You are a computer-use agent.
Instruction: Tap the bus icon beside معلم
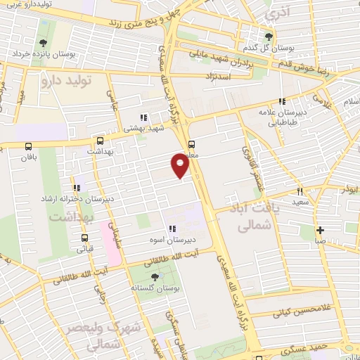point(192,146)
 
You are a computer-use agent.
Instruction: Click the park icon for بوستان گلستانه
point(155,276)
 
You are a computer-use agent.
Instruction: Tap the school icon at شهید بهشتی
point(143,118)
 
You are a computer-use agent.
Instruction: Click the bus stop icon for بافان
point(28,147)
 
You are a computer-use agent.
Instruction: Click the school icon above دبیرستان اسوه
point(172,229)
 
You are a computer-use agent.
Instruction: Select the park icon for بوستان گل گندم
point(266,38)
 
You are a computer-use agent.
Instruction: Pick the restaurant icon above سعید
point(299,191)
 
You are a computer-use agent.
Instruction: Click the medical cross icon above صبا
point(320,230)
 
